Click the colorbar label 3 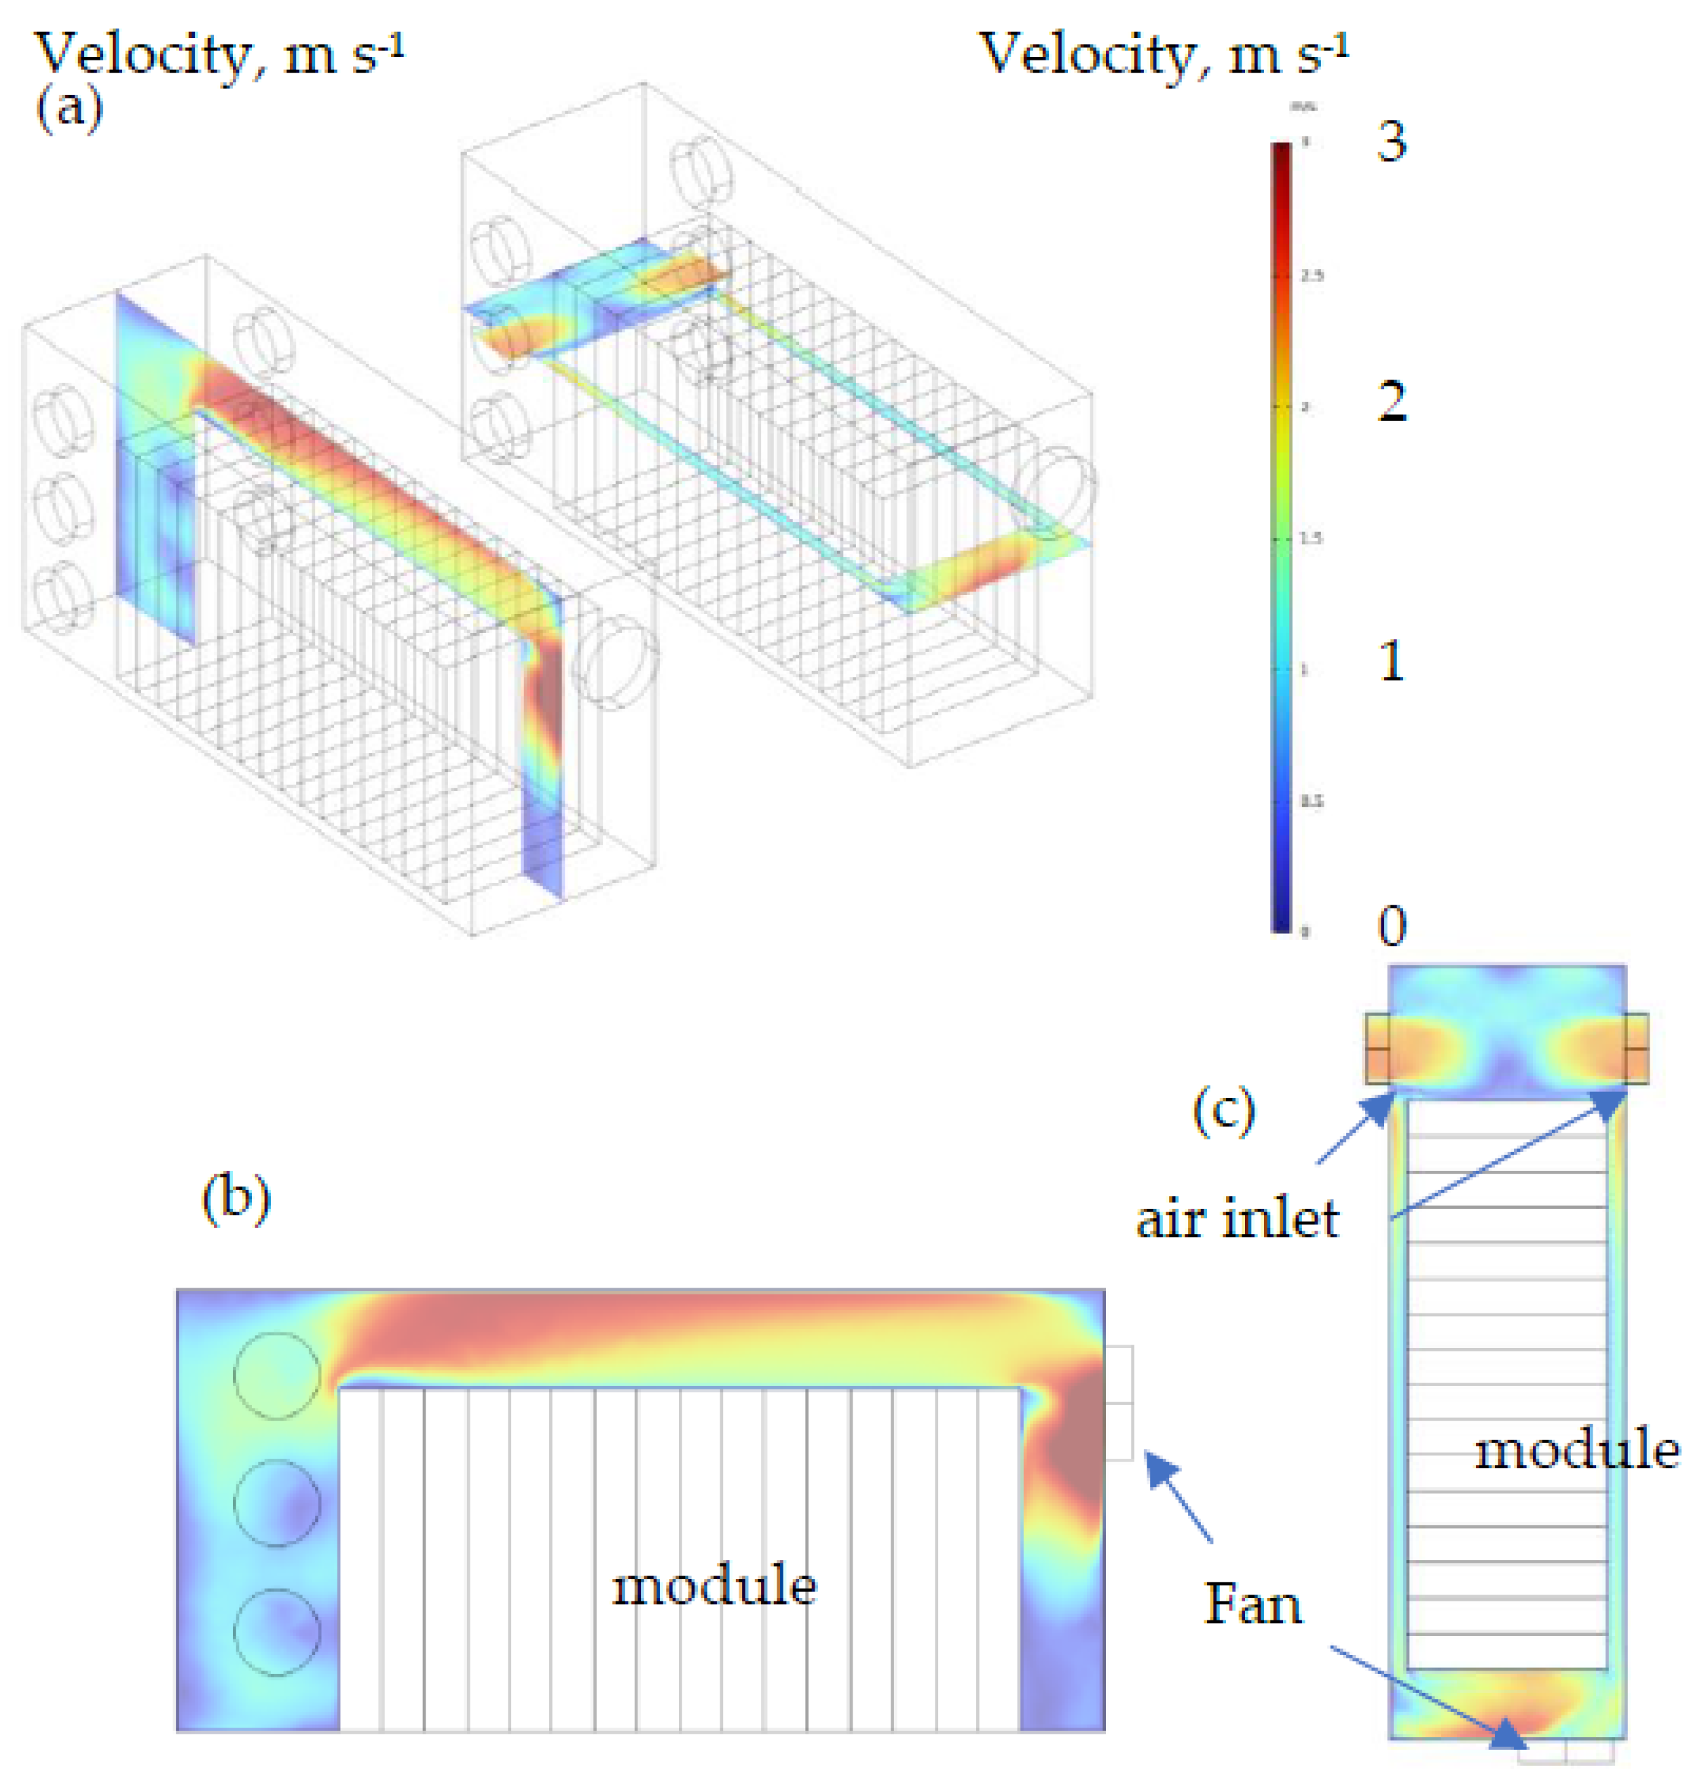pos(1392,141)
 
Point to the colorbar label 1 pos(1392,662)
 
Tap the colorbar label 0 pos(1392,926)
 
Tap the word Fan pos(1253,1605)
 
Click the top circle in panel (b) pos(276,1376)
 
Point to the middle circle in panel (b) pos(276,1503)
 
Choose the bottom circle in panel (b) pos(276,1632)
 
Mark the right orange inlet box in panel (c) pos(1636,1049)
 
